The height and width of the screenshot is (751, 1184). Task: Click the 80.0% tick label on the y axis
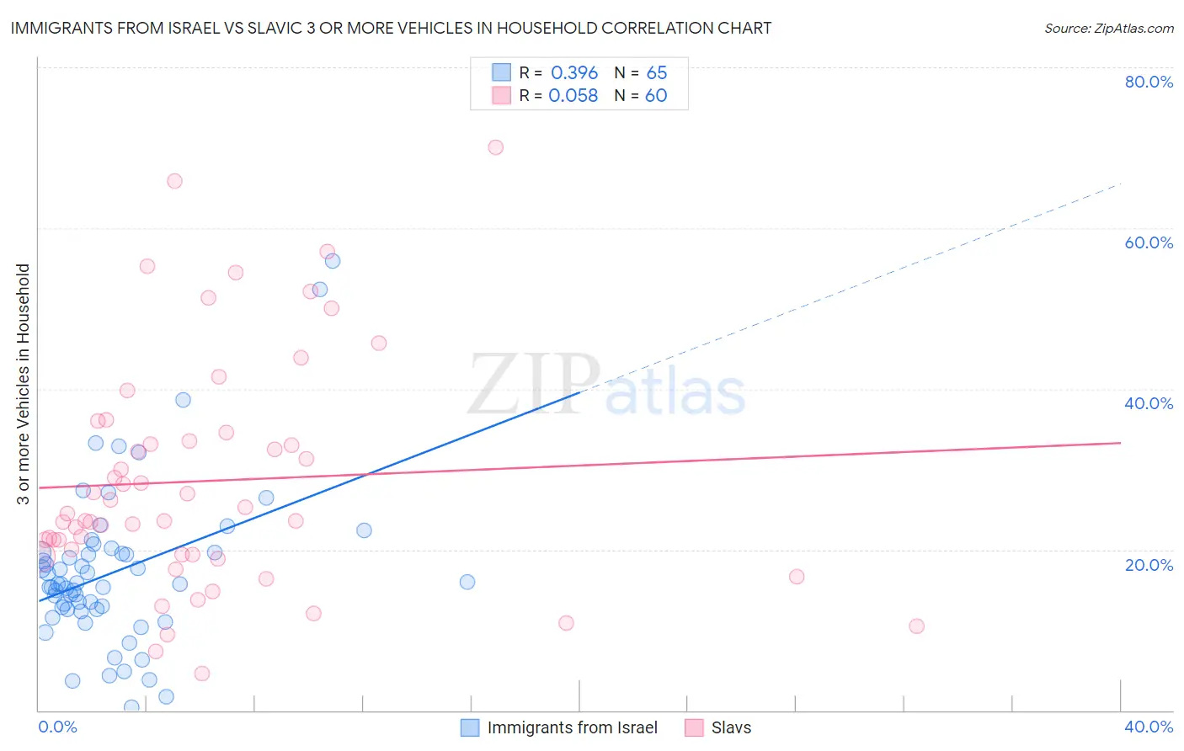click(x=1149, y=82)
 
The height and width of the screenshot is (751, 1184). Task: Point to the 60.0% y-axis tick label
click(x=1149, y=242)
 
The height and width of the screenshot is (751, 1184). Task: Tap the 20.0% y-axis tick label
click(x=1149, y=565)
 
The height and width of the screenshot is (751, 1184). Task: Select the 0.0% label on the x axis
click(x=57, y=727)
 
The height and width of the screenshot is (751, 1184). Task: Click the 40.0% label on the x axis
click(x=1149, y=727)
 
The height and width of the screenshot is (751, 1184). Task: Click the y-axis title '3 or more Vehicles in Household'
click(x=24, y=384)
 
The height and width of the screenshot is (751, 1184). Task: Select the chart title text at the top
click(x=391, y=28)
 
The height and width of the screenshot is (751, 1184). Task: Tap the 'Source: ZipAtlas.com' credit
click(x=1108, y=28)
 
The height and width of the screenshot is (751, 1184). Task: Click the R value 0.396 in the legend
click(x=574, y=73)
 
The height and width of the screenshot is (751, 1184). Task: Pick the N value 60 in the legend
click(x=656, y=96)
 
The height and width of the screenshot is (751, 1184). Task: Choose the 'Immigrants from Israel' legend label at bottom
click(x=572, y=727)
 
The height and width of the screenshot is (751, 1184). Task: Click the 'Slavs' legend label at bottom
click(x=731, y=727)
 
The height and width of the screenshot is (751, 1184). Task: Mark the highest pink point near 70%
click(x=495, y=147)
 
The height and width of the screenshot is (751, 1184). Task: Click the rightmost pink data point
click(x=916, y=626)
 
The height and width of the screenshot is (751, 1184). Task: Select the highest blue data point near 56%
click(x=333, y=261)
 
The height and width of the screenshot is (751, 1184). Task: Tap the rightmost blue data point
click(x=467, y=582)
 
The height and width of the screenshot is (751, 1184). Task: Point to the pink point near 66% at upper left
click(x=174, y=181)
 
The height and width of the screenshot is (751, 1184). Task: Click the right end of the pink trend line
click(x=1119, y=443)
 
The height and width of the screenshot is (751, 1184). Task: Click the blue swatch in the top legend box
click(x=502, y=73)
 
